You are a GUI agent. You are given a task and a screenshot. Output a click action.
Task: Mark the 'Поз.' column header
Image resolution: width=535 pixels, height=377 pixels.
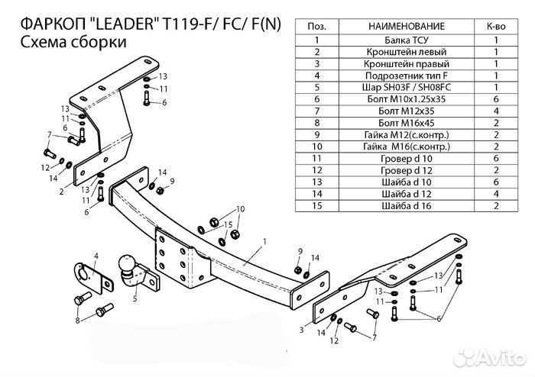316,27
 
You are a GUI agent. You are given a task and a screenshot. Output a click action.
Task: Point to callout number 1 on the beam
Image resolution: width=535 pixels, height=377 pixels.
264,242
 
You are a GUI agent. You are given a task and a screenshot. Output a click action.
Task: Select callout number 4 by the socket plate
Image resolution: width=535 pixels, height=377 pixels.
96,255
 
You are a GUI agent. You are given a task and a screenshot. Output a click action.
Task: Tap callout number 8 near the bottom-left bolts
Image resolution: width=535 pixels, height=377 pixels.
78,321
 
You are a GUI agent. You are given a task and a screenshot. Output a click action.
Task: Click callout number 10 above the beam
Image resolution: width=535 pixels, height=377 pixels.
240,208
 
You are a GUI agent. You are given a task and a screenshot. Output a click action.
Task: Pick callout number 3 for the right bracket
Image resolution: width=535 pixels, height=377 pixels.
302,329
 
